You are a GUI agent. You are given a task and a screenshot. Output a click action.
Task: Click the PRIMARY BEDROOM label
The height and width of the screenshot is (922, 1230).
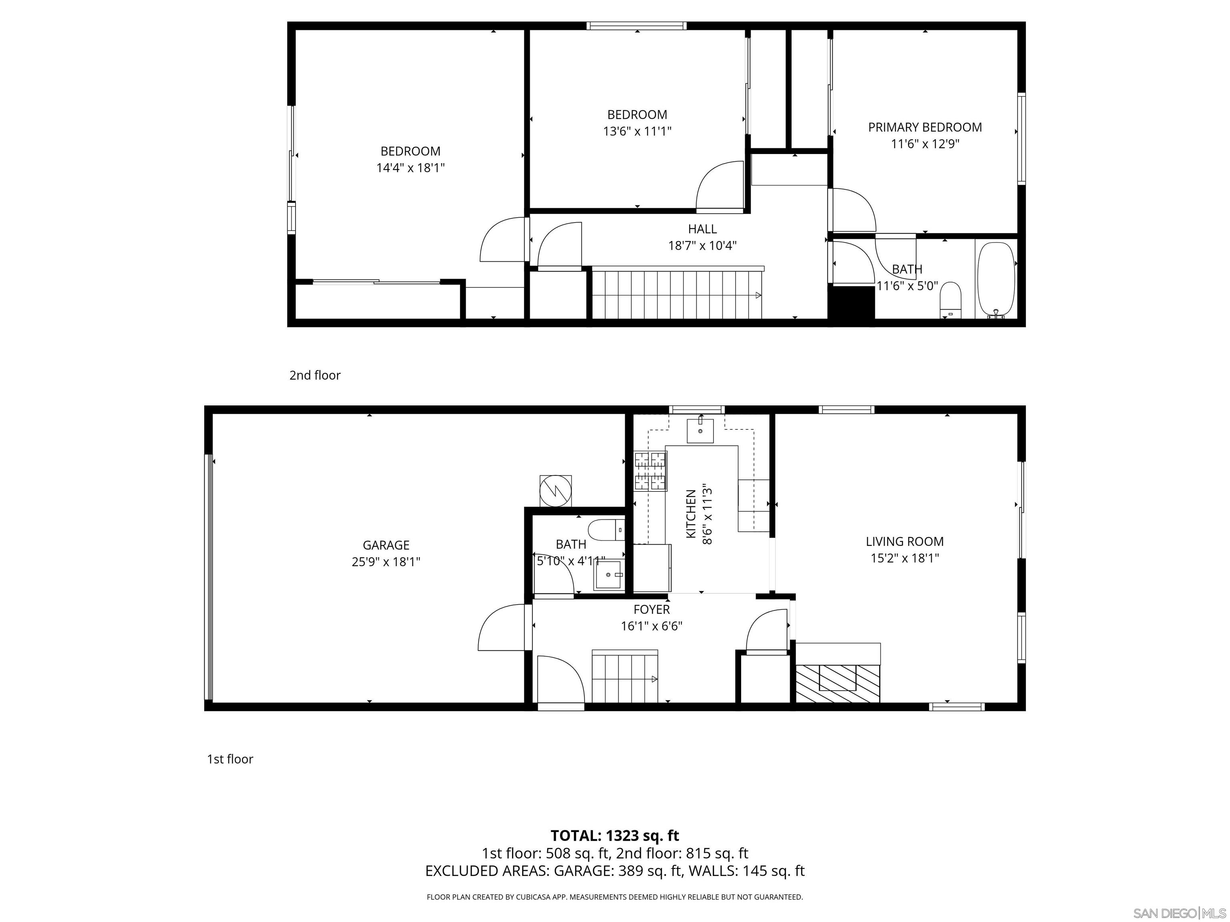coord(925,127)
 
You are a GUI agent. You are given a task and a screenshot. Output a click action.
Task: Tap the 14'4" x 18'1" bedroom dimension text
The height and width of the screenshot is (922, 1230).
coord(410,168)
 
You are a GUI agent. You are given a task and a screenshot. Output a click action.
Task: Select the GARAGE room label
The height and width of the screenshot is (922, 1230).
coord(386,545)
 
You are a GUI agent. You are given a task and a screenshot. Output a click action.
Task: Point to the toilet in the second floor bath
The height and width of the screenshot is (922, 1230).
coord(950,299)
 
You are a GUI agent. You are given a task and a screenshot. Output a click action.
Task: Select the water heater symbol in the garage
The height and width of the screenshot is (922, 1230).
coord(555,491)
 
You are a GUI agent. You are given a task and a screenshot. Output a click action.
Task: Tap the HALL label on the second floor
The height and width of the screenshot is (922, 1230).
coord(702,229)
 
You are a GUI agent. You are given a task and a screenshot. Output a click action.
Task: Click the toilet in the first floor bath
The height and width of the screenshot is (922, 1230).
coord(605,530)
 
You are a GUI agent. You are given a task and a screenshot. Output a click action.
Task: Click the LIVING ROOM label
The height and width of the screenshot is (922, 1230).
coord(904,541)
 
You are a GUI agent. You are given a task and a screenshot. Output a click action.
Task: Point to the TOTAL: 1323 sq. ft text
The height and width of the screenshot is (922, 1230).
coord(615,835)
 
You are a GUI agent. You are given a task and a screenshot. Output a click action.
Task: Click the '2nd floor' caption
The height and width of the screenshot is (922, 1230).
coord(315,375)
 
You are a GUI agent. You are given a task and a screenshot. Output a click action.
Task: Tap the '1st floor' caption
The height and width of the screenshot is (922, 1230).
coord(230,759)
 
